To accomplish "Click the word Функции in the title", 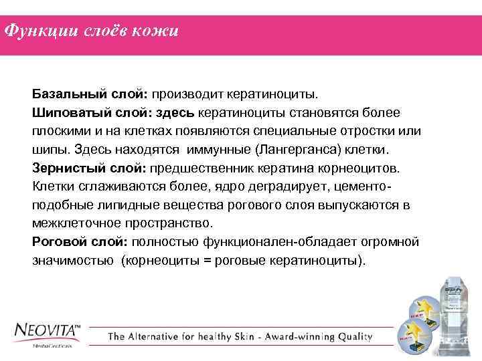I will pyautogui.click(x=33, y=32).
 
